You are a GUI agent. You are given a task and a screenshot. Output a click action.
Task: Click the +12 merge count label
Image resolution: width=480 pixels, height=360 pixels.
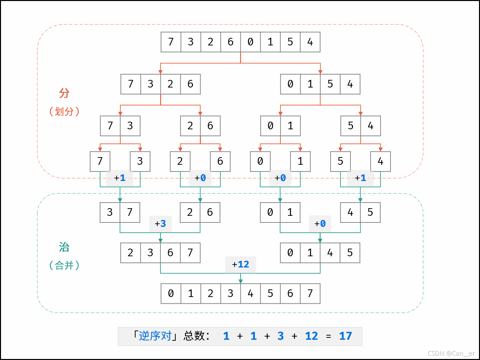point(241,265)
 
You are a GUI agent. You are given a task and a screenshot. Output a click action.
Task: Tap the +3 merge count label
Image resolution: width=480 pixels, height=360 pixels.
point(160,224)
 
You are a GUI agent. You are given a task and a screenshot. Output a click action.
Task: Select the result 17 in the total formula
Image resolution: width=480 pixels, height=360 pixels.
point(345,336)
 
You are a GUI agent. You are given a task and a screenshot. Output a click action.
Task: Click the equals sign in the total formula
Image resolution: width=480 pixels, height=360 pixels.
point(328,336)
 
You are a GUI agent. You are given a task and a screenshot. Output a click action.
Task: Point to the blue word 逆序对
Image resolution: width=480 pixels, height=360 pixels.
point(155,336)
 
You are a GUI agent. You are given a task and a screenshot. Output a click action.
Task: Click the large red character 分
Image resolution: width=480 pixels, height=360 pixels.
point(64,93)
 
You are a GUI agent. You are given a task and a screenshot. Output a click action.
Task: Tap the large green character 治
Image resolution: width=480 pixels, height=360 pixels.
point(64,247)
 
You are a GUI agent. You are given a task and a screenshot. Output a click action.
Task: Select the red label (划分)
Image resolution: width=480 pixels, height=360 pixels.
point(64,111)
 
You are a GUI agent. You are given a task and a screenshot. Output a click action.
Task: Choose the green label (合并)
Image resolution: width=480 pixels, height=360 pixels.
point(64,265)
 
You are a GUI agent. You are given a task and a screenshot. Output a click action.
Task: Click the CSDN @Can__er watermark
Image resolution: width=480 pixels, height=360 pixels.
point(451,353)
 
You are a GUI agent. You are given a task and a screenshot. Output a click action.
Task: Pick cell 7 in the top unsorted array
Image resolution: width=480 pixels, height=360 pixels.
point(171,42)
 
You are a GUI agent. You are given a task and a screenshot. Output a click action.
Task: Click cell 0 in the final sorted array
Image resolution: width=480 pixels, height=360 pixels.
point(171,293)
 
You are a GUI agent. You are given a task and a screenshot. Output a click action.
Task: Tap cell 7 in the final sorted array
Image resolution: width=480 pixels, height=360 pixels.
point(310,293)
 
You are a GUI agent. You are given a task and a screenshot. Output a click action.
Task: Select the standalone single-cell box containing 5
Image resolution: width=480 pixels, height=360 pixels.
point(340,161)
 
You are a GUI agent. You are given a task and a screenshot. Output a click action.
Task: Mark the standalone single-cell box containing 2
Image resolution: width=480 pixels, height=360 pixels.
point(180,161)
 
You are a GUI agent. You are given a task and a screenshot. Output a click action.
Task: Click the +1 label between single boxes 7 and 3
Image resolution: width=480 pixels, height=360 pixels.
point(120,178)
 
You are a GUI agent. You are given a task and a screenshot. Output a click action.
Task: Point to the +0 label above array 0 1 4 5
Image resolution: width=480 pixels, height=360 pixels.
point(320,224)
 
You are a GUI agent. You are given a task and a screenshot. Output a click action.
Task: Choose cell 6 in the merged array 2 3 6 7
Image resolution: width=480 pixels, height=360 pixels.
point(170,253)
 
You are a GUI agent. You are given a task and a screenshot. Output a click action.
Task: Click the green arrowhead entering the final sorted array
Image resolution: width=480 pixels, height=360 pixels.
point(241,281)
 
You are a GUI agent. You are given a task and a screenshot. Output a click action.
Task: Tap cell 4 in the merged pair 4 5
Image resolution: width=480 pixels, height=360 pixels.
point(350,212)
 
